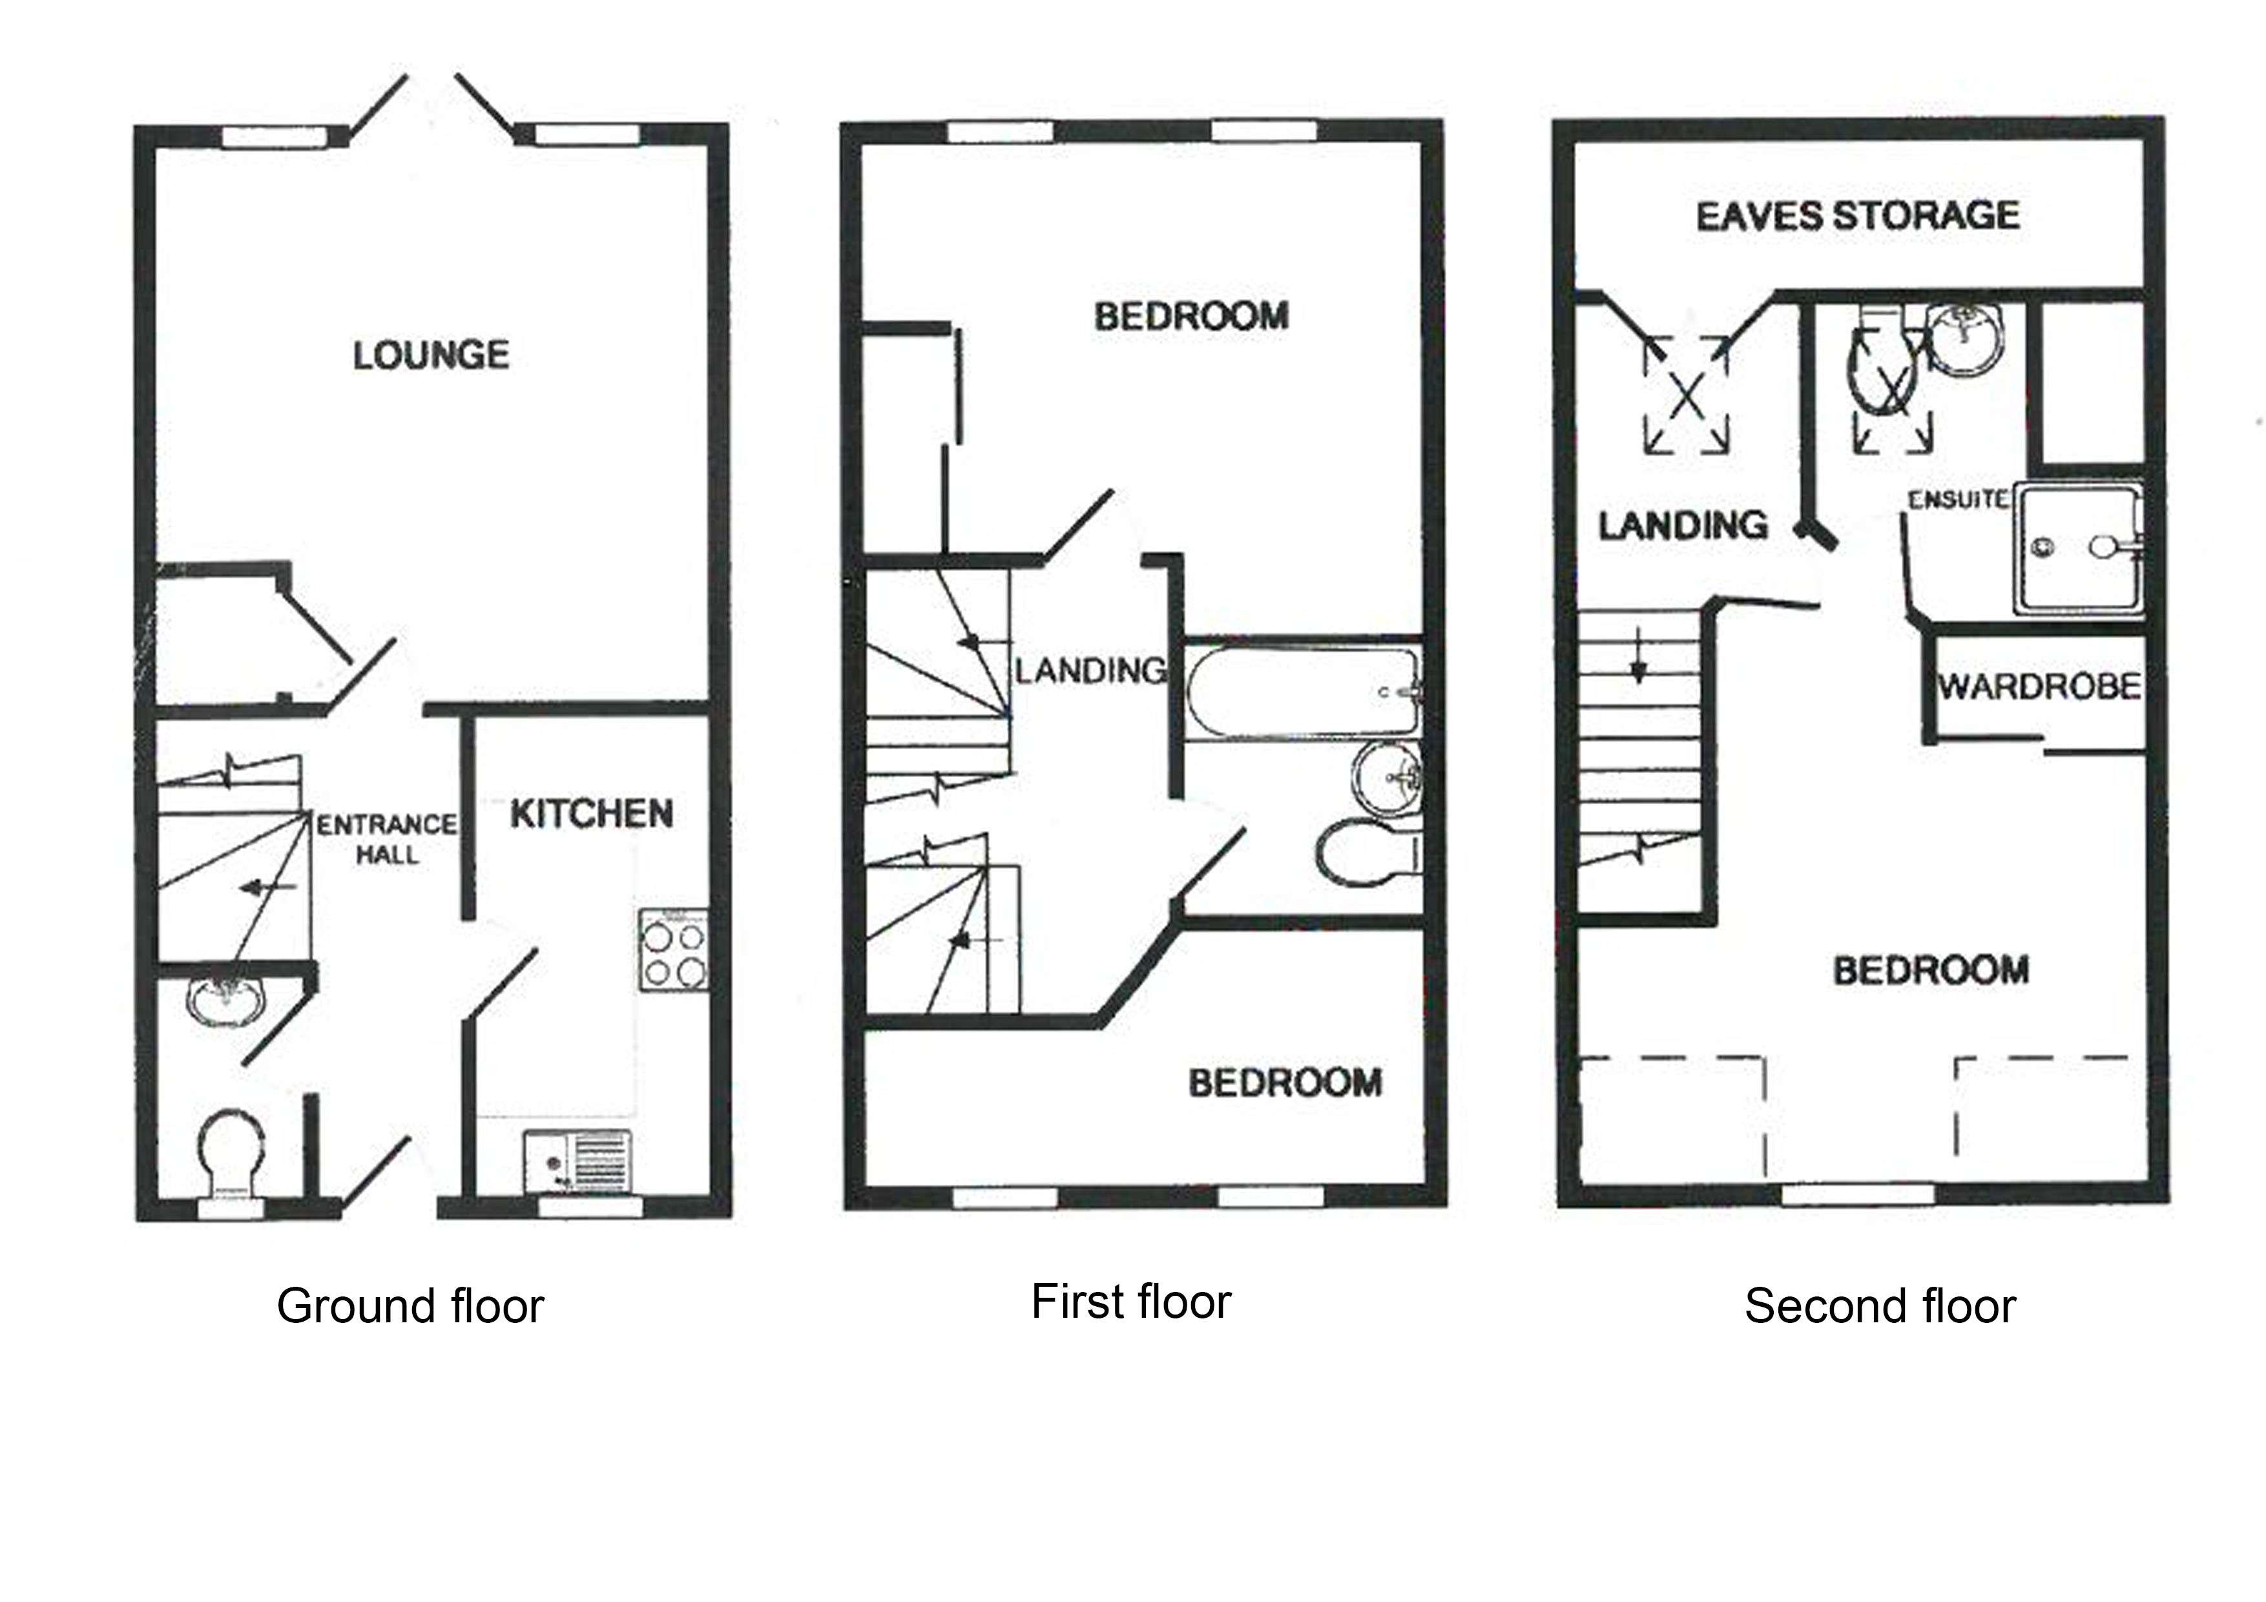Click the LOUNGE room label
431,355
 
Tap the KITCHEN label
591,815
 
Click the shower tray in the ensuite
2077,549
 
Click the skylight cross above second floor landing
1686,395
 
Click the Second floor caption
1879,1306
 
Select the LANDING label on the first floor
1090,671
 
